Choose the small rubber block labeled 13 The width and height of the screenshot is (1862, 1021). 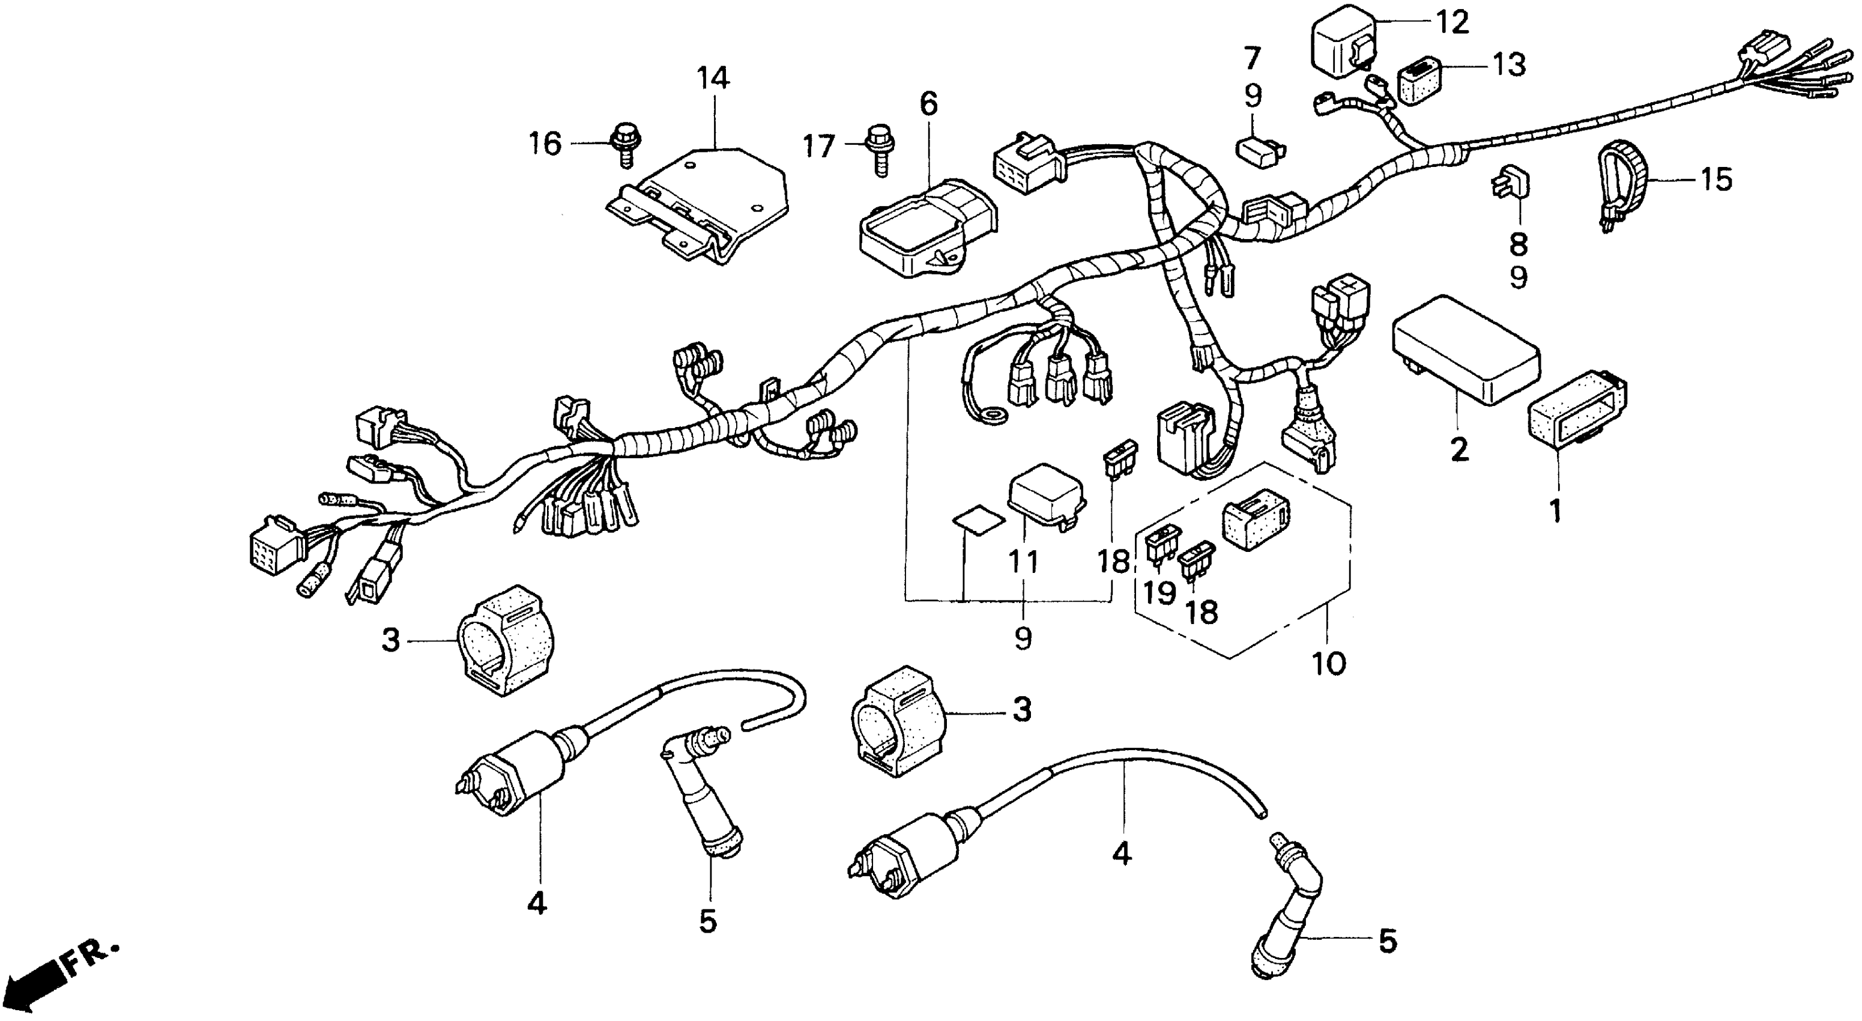(1419, 82)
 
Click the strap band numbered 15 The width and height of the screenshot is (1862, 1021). (1623, 184)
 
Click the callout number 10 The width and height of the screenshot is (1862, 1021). (1329, 662)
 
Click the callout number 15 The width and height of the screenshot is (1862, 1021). (1717, 180)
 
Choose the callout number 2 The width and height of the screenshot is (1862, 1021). (1459, 450)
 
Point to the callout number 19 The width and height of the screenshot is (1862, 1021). (1159, 593)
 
